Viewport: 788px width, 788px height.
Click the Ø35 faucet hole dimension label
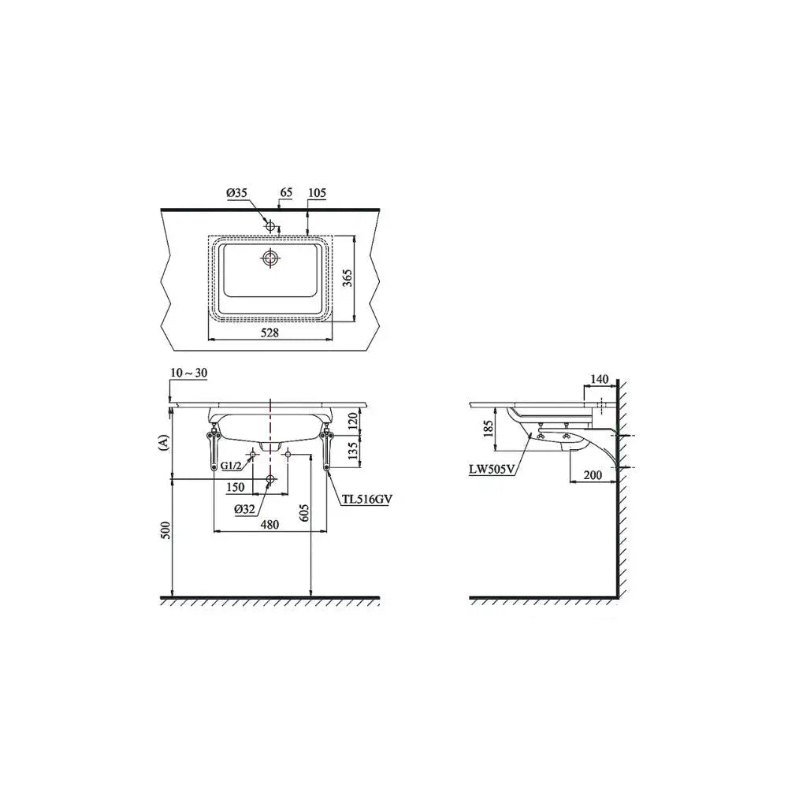(236, 192)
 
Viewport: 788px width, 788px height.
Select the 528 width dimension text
(269, 333)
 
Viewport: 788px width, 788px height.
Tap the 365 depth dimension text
(348, 277)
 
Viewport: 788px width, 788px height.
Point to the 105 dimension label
(318, 192)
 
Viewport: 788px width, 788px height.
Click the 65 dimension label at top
(287, 192)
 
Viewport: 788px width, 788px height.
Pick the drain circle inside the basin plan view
(270, 258)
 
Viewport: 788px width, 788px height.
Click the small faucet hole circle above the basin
(270, 226)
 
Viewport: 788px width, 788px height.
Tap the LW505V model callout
(492, 470)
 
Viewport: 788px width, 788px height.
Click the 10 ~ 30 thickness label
(189, 373)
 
